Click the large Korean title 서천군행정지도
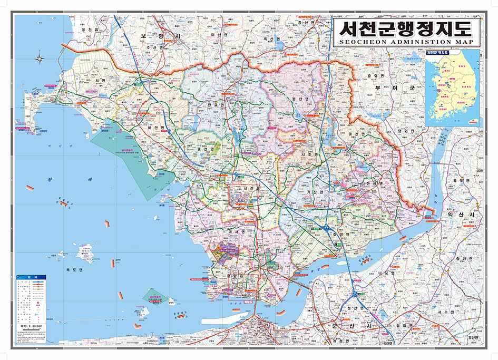(406, 26)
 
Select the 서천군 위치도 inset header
(437, 53)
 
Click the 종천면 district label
(202, 149)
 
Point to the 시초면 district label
(310, 154)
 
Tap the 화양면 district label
(341, 233)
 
